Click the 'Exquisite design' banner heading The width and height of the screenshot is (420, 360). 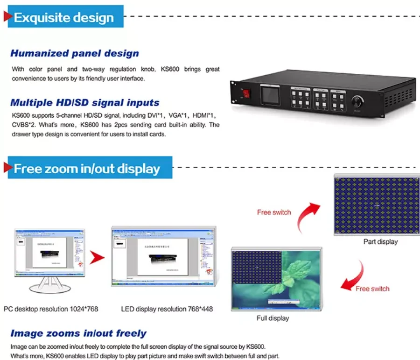pyautogui.click(x=64, y=18)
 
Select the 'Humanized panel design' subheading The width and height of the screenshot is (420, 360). pyautogui.click(x=74, y=53)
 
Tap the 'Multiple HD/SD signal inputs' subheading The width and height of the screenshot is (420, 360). pyautogui.click(x=84, y=103)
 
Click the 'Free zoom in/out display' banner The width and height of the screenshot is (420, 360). pyautogui.click(x=87, y=168)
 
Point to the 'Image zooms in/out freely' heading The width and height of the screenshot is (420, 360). pyautogui.click(x=78, y=333)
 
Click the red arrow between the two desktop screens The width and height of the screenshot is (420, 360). pyautogui.click(x=97, y=257)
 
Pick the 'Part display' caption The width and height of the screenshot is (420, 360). pyautogui.click(x=380, y=242)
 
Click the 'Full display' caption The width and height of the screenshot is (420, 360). pyautogui.click(x=273, y=318)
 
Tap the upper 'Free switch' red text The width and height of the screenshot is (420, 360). pyautogui.click(x=274, y=212)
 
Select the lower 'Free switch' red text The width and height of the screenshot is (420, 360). pyautogui.click(x=372, y=289)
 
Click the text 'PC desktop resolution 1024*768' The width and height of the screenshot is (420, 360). pyautogui.click(x=51, y=309)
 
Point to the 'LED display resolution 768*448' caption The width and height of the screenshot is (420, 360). pyautogui.click(x=167, y=309)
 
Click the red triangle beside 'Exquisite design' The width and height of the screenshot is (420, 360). pyautogui.click(x=7, y=17)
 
